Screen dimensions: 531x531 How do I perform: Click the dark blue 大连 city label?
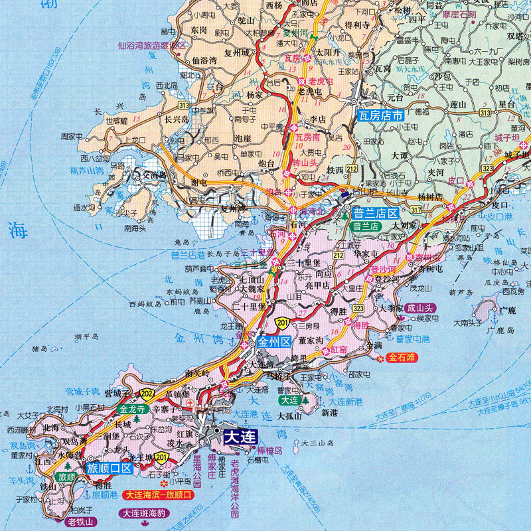pyautogui.click(x=241, y=437)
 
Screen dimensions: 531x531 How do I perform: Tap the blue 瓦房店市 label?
pyautogui.click(x=380, y=115)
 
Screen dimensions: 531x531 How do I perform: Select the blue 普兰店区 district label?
pyautogui.click(x=374, y=213)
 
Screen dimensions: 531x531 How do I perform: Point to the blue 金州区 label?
pyautogui.click(x=275, y=343)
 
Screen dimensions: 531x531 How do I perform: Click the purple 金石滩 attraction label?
pyautogui.click(x=402, y=358)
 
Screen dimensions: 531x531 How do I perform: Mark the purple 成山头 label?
pyautogui.click(x=419, y=307)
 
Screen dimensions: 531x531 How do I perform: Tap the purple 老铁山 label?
pyautogui.click(x=81, y=521)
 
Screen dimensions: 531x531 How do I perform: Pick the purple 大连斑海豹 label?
pyautogui.click(x=145, y=513)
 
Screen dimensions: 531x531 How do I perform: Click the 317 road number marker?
pyautogui.click(x=416, y=210)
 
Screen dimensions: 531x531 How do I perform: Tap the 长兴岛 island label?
pyautogui.click(x=177, y=119)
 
